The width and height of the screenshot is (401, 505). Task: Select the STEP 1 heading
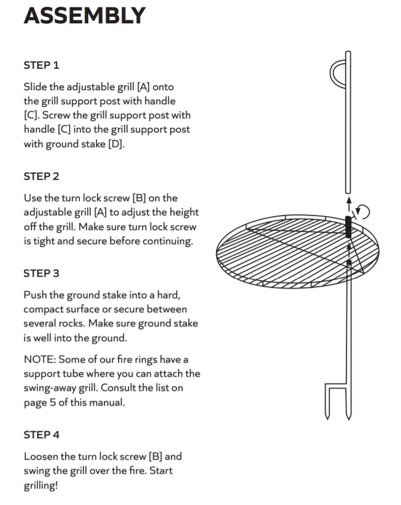point(41,65)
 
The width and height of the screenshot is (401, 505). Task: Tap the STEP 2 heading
point(41,176)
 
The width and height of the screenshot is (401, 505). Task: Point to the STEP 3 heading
point(41,273)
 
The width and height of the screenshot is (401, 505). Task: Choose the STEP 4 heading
point(41,435)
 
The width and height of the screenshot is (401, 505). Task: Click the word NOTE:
point(40,359)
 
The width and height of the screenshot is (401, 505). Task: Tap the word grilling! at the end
point(41,485)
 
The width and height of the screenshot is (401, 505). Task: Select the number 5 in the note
point(53,402)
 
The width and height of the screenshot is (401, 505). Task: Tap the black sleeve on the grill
point(348,227)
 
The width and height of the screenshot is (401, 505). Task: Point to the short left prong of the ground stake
point(328,402)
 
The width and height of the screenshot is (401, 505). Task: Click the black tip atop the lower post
point(349,262)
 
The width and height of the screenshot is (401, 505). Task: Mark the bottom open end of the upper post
point(348,192)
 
